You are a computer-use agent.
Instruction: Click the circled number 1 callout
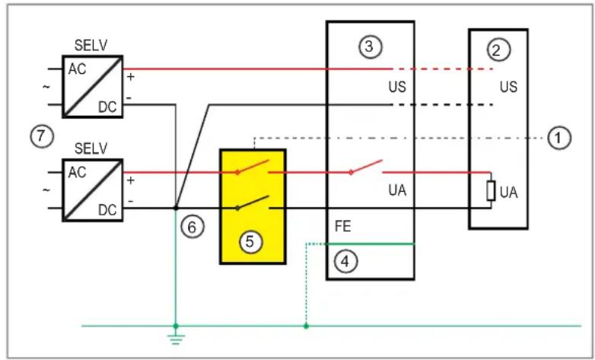(x=559, y=138)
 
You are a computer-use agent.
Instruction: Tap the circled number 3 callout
(x=370, y=46)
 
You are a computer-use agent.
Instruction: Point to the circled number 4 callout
(x=345, y=261)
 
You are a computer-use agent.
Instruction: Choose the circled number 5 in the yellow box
(x=250, y=241)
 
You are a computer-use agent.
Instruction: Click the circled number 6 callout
(x=193, y=226)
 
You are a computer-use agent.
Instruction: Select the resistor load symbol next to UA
(x=492, y=190)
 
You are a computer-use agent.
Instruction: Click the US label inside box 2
(x=508, y=87)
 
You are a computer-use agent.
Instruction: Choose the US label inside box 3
(x=397, y=87)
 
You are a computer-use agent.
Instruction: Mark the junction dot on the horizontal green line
(x=306, y=327)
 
